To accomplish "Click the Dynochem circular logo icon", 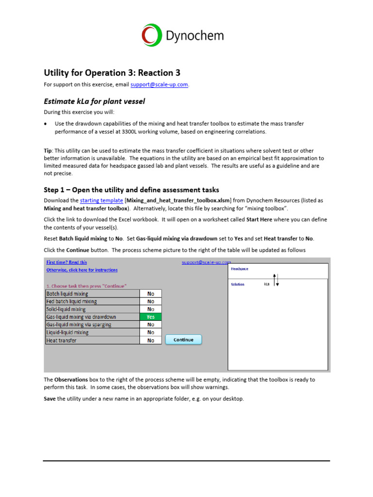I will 152,35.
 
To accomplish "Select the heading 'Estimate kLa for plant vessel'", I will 95,101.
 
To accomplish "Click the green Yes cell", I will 151,317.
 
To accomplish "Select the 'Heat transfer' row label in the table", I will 61,340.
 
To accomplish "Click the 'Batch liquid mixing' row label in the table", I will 67,294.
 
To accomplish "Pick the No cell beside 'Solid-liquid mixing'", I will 151,309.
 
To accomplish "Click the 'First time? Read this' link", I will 67,262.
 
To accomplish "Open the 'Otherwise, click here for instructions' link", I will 82,270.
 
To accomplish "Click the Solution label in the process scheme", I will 237,284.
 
